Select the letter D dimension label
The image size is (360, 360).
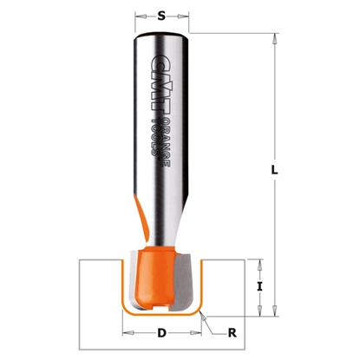[162, 332]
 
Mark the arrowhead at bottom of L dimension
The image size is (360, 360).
[274, 310]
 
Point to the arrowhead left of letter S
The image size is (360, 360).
[140, 14]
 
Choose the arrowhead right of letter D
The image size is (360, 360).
[200, 332]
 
